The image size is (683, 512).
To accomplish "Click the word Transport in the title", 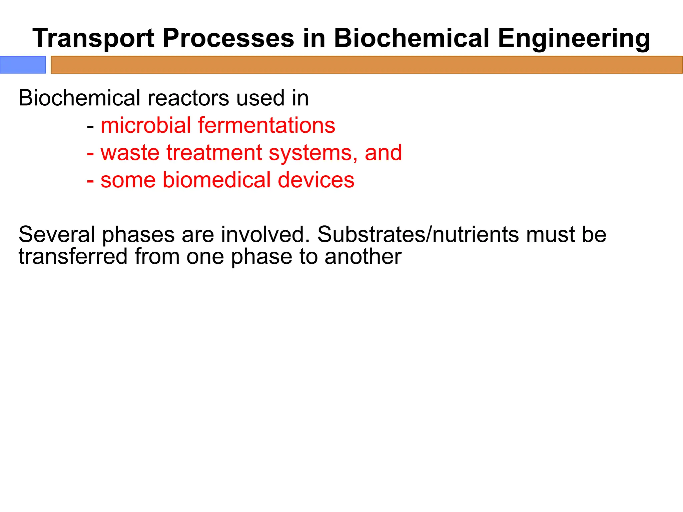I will (93, 38).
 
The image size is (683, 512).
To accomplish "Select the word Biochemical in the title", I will (412, 38).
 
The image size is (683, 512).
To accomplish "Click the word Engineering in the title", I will (574, 38).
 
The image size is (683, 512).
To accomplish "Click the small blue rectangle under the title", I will (23, 65).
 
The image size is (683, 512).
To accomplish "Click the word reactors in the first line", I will (188, 98).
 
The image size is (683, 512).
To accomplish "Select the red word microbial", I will (146, 126).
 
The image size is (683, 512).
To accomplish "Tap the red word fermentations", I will (266, 126).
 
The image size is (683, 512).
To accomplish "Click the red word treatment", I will (214, 153).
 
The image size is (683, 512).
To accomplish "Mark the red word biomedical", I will (216, 180).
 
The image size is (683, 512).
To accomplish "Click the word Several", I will (57, 235).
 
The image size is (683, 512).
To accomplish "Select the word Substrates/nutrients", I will (418, 235).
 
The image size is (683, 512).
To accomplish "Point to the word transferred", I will (73, 257).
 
